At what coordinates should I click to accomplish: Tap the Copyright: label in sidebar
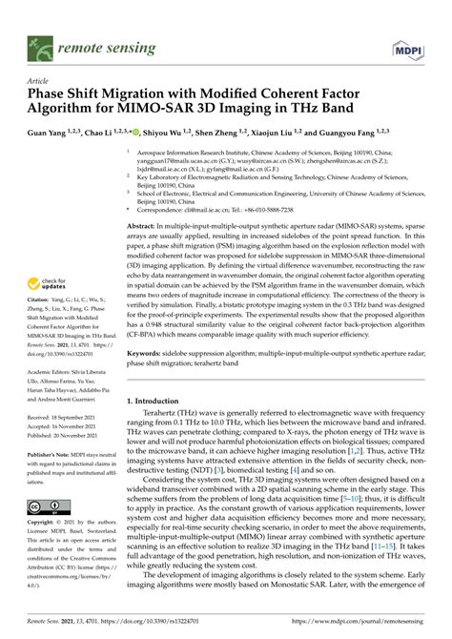point(43,526)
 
